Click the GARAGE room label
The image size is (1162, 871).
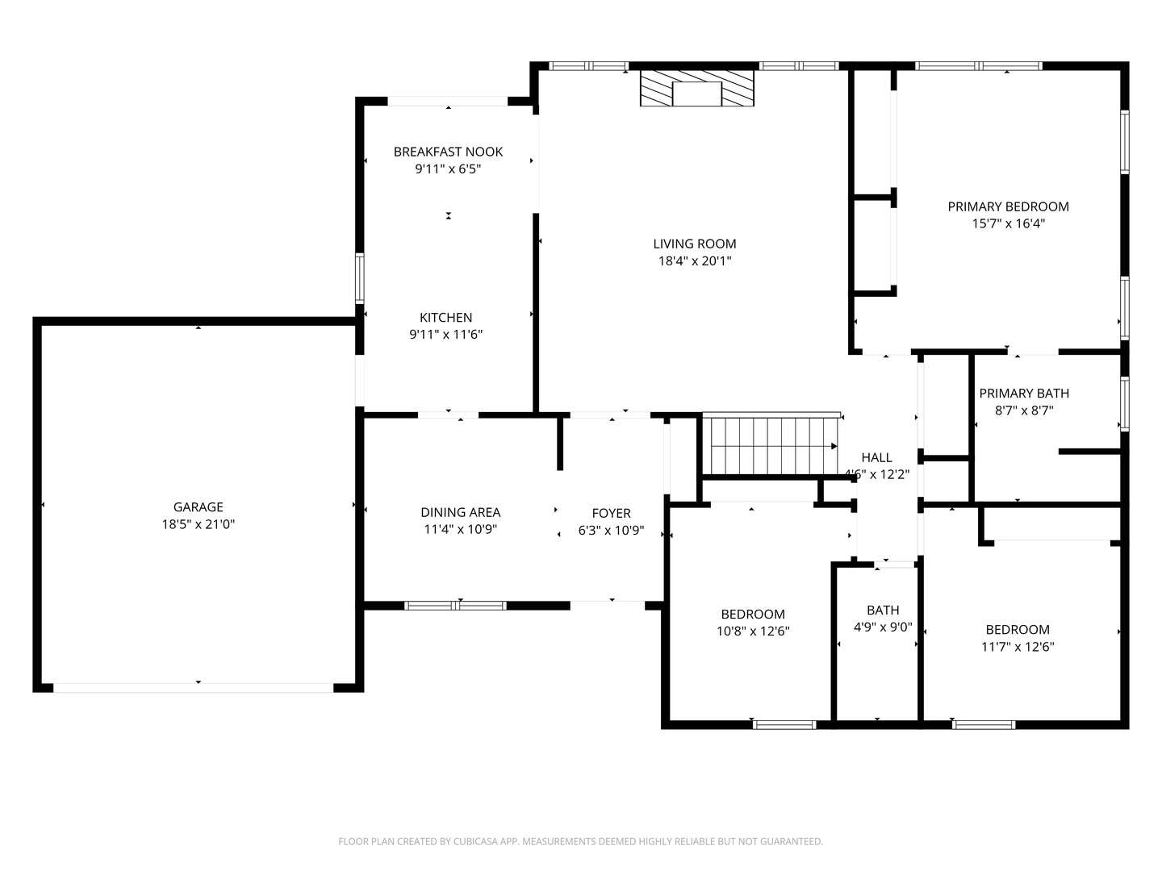click(198, 507)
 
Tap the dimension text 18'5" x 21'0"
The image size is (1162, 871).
click(198, 524)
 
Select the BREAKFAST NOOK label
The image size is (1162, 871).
click(448, 152)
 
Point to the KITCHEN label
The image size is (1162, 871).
click(445, 317)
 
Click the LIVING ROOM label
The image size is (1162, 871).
click(695, 244)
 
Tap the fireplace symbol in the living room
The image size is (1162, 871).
click(696, 88)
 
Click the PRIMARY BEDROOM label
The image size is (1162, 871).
click(1008, 206)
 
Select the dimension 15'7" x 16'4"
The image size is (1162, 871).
click(1008, 223)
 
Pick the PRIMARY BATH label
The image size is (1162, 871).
click(1024, 394)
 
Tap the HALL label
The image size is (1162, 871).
click(876, 457)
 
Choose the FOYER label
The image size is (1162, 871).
click(611, 513)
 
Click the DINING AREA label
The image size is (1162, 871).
click(460, 512)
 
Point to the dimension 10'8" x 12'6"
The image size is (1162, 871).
click(753, 631)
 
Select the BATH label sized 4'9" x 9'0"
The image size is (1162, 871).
click(883, 611)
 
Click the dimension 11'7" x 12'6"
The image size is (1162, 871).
click(1018, 647)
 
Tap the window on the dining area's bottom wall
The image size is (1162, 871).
click(455, 606)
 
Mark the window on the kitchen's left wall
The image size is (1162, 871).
click(359, 279)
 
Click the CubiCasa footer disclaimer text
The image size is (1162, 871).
click(581, 841)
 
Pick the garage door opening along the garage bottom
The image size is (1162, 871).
click(193, 687)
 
